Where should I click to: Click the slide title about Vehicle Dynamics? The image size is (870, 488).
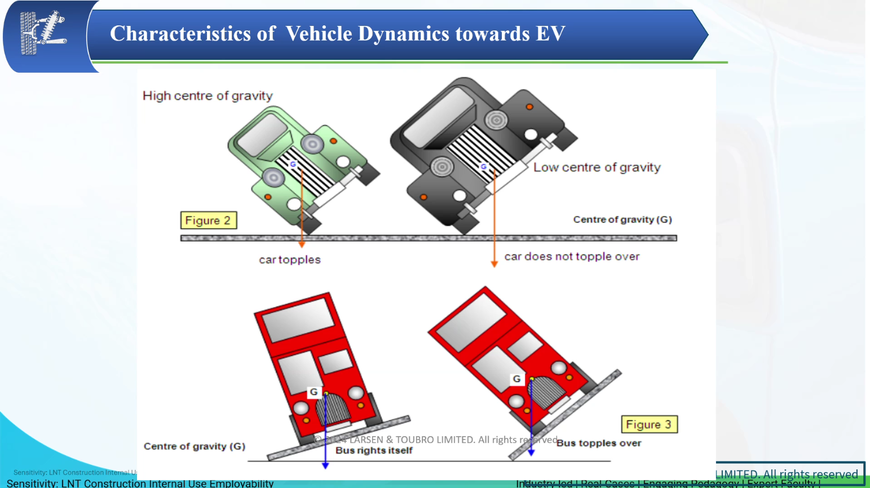pos(337,34)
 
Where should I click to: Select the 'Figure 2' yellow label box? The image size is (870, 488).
pos(208,220)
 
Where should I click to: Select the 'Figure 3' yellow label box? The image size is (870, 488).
pos(648,424)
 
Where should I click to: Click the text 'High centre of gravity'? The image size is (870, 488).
pos(207,96)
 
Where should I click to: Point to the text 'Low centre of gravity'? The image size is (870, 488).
pos(597,168)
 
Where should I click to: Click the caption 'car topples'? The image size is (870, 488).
pos(290,260)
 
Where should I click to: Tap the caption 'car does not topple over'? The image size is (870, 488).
pos(572,257)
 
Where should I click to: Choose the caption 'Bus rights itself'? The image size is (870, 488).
pos(374,450)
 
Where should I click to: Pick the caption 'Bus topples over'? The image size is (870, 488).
pos(599,443)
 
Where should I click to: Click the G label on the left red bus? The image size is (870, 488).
pos(313,392)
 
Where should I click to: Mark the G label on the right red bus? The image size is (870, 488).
pos(516,379)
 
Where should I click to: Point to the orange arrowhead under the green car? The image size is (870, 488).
pos(302,244)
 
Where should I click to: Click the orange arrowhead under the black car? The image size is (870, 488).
pos(494,263)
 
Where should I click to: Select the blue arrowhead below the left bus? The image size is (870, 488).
pos(325,465)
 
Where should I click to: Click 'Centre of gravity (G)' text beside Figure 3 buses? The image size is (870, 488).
pos(195,446)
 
